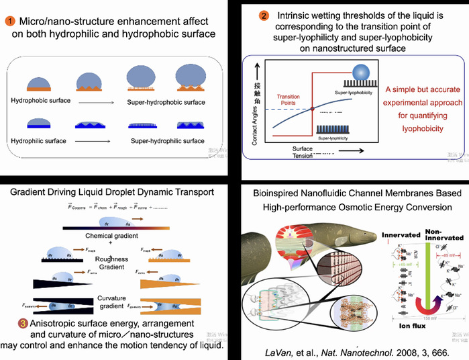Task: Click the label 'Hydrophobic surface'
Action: coord(39,100)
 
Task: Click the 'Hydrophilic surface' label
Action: coord(37,141)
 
